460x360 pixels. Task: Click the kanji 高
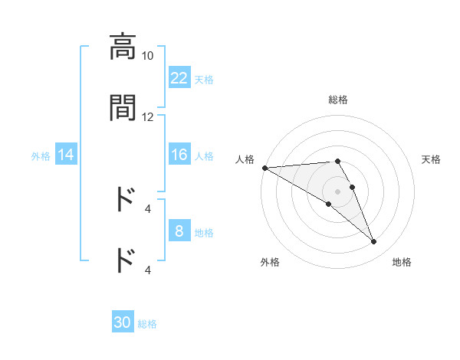click(x=123, y=47)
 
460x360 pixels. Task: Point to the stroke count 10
click(x=148, y=56)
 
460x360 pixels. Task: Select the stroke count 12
click(x=148, y=116)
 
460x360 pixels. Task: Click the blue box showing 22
click(x=179, y=78)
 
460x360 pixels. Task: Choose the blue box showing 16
click(x=179, y=155)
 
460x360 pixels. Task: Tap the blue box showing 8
click(x=179, y=231)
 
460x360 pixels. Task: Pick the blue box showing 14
click(x=66, y=155)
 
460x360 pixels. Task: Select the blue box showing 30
click(x=123, y=322)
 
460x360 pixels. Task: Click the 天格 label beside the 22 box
click(x=204, y=79)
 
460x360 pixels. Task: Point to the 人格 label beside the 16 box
click(x=204, y=155)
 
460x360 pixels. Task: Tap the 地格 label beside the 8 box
click(x=204, y=232)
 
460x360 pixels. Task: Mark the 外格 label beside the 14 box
click(x=41, y=155)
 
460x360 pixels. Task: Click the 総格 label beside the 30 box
click(x=147, y=323)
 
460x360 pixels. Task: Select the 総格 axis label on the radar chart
click(x=337, y=100)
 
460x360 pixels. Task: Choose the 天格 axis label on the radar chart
click(x=431, y=159)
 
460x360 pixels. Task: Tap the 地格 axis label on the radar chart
click(x=402, y=262)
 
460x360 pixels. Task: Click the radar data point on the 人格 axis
click(x=264, y=168)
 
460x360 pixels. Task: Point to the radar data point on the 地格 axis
click(x=373, y=242)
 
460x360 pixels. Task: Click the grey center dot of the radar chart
click(x=337, y=191)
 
